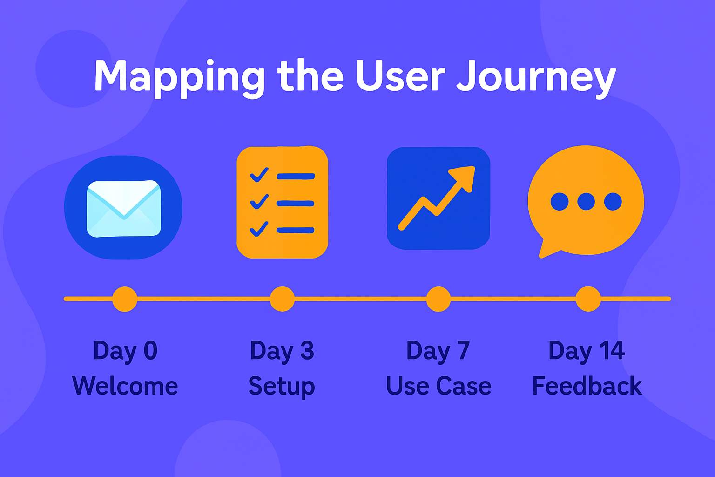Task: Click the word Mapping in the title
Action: [x=179, y=78]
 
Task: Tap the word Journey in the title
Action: [x=536, y=79]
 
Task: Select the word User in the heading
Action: [x=401, y=75]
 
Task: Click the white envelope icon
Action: [x=124, y=209]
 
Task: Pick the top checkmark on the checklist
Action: [x=259, y=175]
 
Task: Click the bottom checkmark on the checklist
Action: [x=259, y=229]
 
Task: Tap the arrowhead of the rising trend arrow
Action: [x=462, y=178]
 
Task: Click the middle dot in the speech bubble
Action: [x=586, y=202]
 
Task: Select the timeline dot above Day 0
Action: [x=125, y=299]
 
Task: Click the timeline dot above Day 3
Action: [x=282, y=299]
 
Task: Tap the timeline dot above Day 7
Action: [x=438, y=299]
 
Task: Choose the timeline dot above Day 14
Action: [x=588, y=299]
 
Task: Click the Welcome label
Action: [x=125, y=386]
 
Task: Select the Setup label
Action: [x=282, y=387]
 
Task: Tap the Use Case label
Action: [x=438, y=386]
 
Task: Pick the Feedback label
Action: [x=587, y=386]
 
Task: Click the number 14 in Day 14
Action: [x=612, y=350]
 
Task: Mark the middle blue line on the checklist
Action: [x=295, y=204]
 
